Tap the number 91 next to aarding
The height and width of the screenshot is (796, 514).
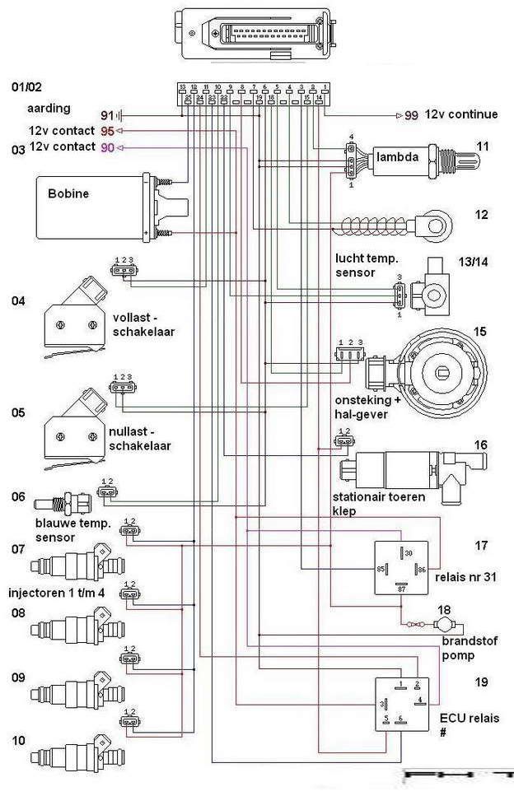coord(107,115)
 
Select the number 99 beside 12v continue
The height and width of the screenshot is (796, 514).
coord(411,116)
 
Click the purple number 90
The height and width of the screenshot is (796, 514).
coord(107,147)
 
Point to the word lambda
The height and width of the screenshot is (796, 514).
coord(399,156)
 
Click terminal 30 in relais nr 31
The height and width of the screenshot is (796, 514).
coord(408,554)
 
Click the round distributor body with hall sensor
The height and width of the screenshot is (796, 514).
coord(445,370)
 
